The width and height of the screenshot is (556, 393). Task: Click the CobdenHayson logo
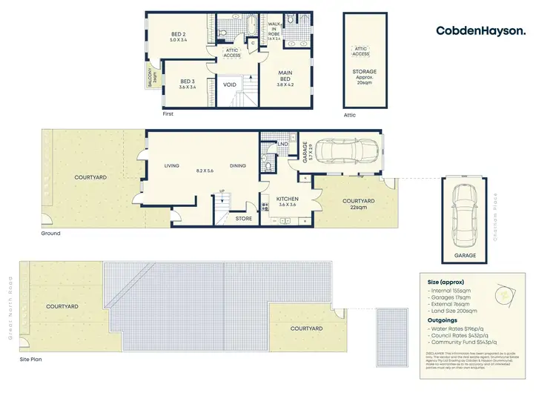point(481,30)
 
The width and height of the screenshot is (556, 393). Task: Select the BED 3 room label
point(187,84)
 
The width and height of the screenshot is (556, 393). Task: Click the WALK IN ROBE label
point(274,29)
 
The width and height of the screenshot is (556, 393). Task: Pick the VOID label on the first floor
point(230,85)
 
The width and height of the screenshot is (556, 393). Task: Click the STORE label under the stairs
point(243,218)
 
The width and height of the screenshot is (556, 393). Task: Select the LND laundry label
point(282,144)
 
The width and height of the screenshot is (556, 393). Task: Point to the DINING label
point(237,166)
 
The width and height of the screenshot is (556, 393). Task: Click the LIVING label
point(173,166)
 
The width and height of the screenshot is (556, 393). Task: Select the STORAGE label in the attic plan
point(364,71)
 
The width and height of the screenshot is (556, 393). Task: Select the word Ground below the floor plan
point(50,233)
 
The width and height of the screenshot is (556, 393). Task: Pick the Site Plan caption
point(33,360)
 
